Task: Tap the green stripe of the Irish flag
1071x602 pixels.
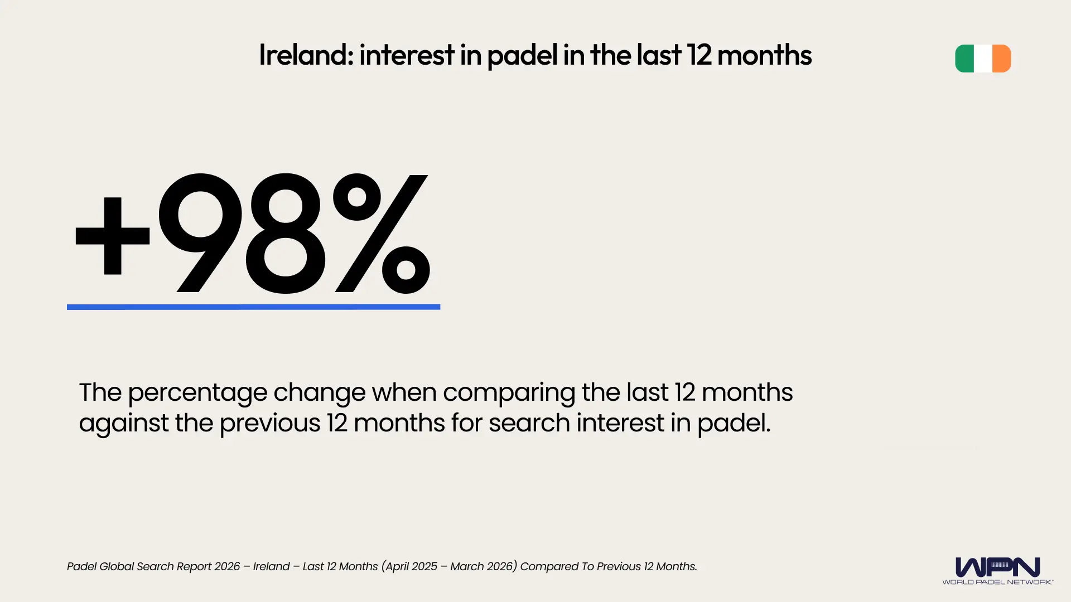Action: (965, 59)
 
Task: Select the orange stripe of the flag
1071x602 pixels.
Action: (1002, 59)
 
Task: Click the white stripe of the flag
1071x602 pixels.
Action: (983, 59)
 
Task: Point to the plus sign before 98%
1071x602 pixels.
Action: (113, 236)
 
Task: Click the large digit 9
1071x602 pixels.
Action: (201, 232)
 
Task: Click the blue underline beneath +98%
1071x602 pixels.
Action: (253, 307)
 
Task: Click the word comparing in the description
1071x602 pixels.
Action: (509, 393)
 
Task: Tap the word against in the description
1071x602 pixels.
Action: (123, 424)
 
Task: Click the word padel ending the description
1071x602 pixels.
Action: (734, 424)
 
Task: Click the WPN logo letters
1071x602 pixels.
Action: (997, 567)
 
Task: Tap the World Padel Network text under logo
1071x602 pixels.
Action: (997, 582)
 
